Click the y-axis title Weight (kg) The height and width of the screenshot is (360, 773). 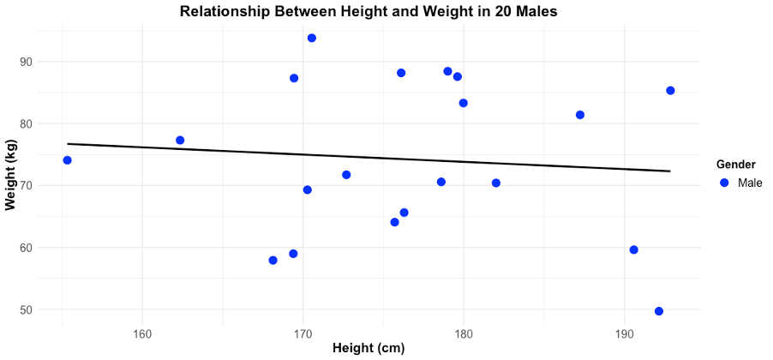pos(11,176)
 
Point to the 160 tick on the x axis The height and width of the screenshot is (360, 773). pos(142,333)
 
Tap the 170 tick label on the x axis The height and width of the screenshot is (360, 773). pos(303,333)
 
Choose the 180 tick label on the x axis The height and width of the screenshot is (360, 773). pos(464,333)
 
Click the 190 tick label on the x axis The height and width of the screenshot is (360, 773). pos(624,333)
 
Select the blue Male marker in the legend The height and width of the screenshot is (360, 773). pos(725,183)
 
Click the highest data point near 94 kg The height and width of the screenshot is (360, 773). pos(312,38)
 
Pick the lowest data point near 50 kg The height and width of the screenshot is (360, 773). pos(659,311)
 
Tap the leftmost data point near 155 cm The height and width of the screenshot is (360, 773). pos(67,160)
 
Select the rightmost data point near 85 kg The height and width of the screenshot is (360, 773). pos(670,91)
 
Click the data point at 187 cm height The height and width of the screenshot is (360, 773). pos(580,115)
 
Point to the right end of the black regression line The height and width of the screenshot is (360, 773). pos(669,171)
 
